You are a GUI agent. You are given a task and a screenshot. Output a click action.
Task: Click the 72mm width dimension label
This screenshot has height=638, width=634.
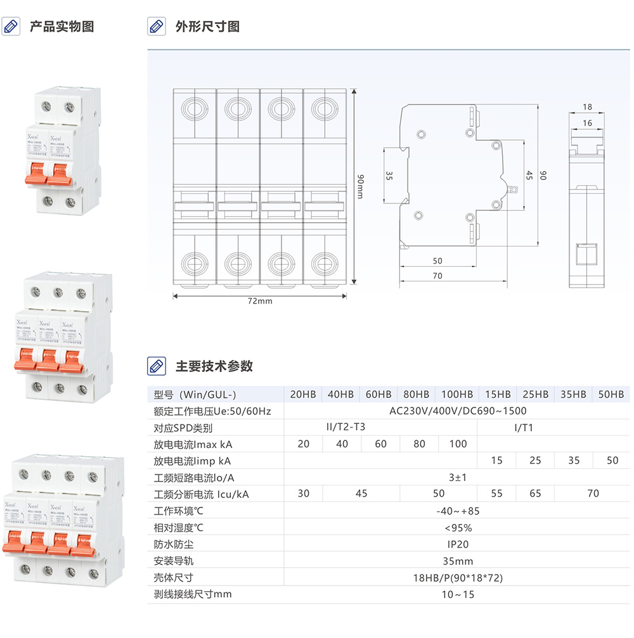click(x=260, y=301)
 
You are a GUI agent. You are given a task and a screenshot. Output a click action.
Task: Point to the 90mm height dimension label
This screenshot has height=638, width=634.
click(x=361, y=187)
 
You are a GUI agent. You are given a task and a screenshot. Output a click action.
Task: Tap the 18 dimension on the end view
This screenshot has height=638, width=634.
click(x=587, y=107)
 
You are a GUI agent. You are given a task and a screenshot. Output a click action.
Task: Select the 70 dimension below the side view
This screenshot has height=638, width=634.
click(x=437, y=276)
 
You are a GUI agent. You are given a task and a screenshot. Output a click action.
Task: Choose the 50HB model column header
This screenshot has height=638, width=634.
click(x=612, y=394)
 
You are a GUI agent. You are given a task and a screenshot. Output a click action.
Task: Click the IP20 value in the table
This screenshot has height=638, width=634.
click(x=458, y=544)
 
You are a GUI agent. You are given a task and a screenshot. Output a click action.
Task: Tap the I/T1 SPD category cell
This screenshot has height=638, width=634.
click(x=524, y=427)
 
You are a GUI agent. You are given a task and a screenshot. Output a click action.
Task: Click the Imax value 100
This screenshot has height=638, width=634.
click(x=458, y=443)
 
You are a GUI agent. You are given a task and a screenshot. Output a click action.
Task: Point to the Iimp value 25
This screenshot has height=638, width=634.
click(x=535, y=461)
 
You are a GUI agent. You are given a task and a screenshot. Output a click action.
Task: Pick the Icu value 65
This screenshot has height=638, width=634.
click(x=535, y=494)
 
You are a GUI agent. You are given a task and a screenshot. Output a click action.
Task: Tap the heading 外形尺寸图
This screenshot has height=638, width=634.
click(x=207, y=27)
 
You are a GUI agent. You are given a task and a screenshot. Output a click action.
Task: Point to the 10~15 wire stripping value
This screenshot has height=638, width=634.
click(x=458, y=594)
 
